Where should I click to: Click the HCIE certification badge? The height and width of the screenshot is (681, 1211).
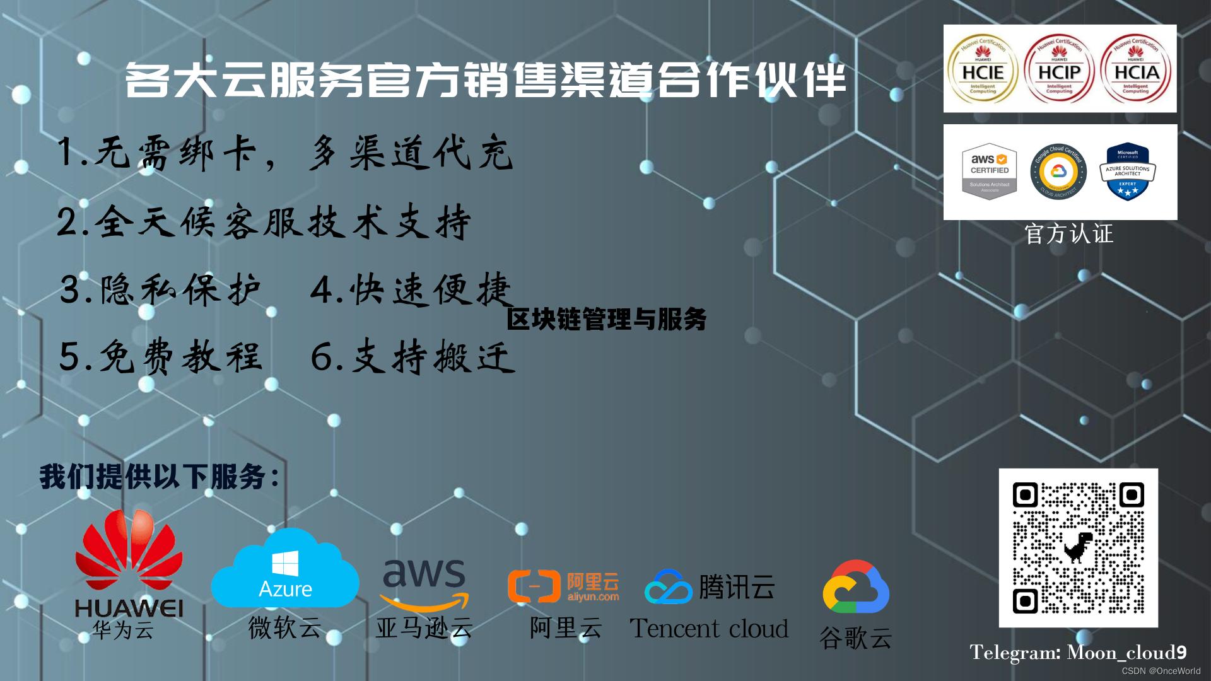pos(983,70)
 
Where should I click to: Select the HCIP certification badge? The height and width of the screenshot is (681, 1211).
pos(1059,70)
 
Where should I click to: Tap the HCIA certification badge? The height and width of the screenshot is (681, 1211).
pos(1136,70)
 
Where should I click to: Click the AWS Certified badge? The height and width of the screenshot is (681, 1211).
pos(990,172)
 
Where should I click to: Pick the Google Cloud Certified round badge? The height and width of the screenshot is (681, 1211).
pos(1058,172)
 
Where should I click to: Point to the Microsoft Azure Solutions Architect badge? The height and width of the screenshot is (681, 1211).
pos(1128,172)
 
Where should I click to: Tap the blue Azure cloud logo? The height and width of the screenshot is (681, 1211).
pos(285,571)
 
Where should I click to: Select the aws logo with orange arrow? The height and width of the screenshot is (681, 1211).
pos(424,583)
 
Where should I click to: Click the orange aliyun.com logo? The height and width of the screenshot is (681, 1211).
pos(563,586)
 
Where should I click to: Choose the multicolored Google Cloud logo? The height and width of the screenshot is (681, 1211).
pos(856,588)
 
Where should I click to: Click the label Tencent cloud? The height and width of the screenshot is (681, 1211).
pos(709,629)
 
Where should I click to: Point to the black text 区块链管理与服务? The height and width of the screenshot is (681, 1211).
pos(606,319)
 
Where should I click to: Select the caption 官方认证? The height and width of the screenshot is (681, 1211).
pos(1069,234)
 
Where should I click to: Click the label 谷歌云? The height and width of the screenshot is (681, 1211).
pos(855,638)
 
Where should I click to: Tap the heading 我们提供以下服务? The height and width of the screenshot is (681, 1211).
pos(159,477)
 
